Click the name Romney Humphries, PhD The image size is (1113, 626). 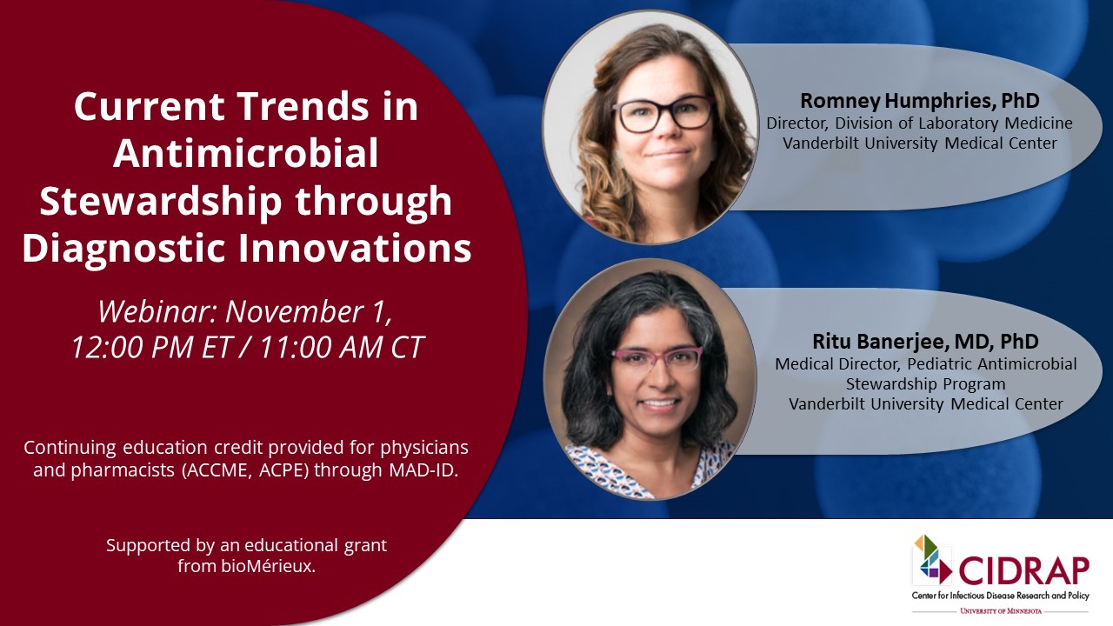coord(920,101)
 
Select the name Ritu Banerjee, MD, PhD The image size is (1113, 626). coord(927,342)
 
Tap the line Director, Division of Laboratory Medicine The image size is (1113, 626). coord(919,123)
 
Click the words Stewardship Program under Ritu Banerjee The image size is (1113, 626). coord(926,383)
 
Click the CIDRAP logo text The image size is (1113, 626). coord(1023,570)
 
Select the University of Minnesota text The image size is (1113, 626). coord(1000,612)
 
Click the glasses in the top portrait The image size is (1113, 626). coord(663,114)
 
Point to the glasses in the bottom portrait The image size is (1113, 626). coord(657,358)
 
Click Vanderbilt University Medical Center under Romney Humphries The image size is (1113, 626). coord(919,143)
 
